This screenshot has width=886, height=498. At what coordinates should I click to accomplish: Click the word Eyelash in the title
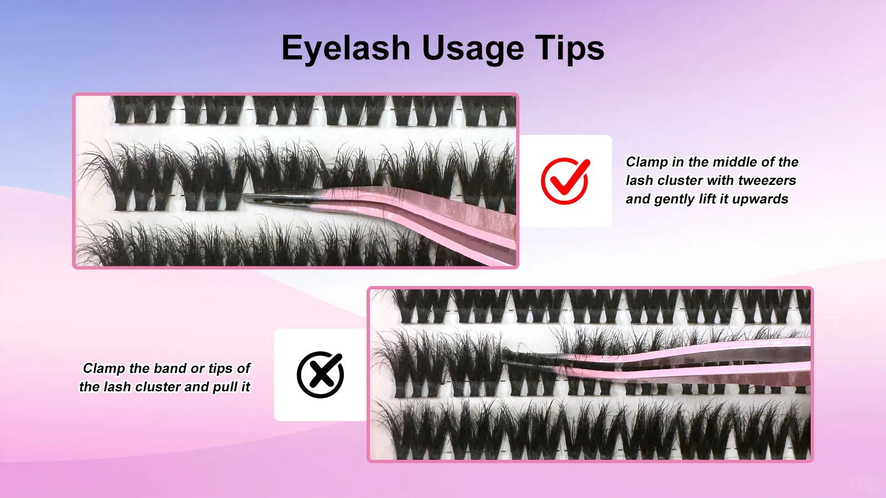pos(346,49)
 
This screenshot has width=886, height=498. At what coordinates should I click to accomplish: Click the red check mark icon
pos(565,180)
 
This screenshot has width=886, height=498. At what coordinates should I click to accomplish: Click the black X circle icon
pos(320,375)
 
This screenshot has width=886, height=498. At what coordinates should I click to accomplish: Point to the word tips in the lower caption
pos(220,369)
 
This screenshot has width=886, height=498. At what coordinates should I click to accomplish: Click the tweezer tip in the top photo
pos(247,198)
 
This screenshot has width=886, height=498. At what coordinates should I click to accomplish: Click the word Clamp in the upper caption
pos(646,162)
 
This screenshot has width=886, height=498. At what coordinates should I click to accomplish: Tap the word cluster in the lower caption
pos(158,387)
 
